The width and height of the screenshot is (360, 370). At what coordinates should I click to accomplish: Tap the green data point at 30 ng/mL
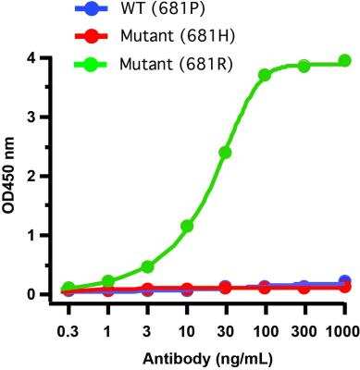tap(225, 152)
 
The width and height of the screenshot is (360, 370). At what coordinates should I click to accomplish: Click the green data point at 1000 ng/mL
tap(344, 60)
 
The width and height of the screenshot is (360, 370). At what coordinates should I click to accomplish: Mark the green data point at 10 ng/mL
tap(186, 226)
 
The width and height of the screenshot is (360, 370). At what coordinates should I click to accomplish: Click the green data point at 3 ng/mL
tap(146, 266)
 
